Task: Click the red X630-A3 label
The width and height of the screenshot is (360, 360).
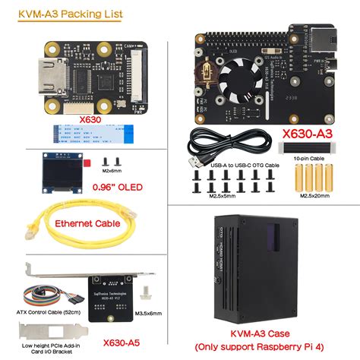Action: [308, 134]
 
